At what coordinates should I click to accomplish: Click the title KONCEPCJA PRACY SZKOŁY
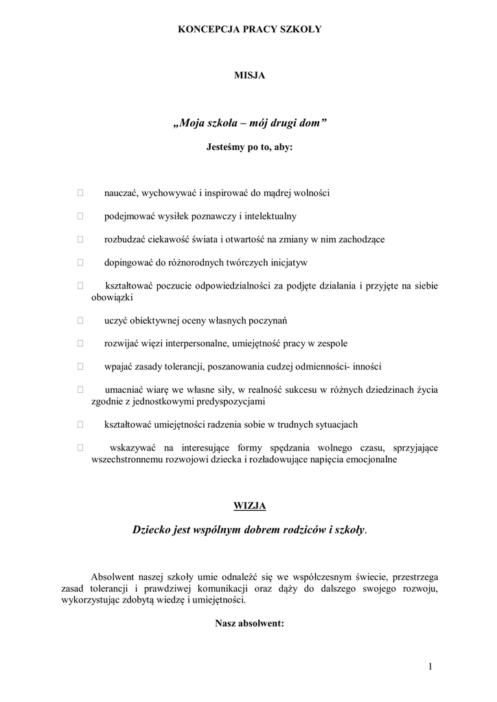[249, 29]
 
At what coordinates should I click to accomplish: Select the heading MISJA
[249, 76]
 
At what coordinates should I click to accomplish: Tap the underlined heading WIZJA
[249, 506]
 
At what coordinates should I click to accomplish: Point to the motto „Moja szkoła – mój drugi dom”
[249, 123]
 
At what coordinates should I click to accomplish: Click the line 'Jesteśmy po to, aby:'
[249, 146]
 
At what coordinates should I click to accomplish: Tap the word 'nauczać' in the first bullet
[120, 193]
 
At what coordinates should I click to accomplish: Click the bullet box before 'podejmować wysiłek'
[80, 217]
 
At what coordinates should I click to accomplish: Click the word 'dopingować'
[127, 262]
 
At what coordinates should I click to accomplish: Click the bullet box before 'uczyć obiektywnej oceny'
[80, 320]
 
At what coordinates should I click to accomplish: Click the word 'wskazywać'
[132, 448]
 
